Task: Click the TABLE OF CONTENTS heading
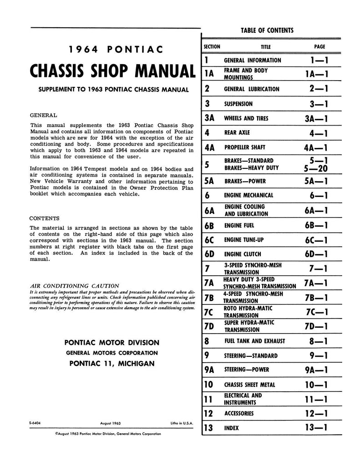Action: (x=267, y=30)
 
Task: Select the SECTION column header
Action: (x=212, y=46)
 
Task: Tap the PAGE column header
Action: (x=319, y=46)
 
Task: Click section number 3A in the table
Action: (x=210, y=118)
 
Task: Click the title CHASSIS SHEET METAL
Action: (x=250, y=385)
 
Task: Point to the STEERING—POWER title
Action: (x=246, y=370)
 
